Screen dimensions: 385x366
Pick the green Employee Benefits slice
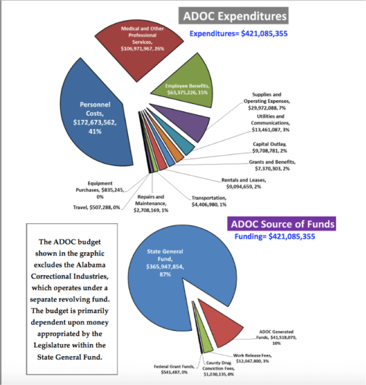(x=182, y=89)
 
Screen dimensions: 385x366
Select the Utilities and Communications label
(x=271, y=123)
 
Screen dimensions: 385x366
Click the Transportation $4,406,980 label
(x=209, y=201)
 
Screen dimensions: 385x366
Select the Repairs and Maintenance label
(x=151, y=204)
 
